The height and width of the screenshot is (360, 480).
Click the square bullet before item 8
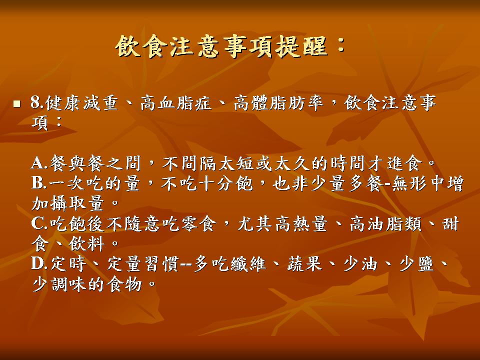pos(16,104)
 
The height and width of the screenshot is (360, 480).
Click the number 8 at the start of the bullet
pos(36,103)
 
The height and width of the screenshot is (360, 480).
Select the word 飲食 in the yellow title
pos(141,46)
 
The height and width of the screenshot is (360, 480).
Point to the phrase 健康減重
pos(81,103)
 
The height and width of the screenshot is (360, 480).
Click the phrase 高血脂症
pos(176,103)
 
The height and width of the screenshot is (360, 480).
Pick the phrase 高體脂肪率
pos(278,103)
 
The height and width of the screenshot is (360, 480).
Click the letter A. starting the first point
pos(39,163)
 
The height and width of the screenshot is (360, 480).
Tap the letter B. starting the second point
pos(39,183)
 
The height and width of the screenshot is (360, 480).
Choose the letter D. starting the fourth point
pos(40,263)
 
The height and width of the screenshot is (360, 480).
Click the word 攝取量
pos(76,203)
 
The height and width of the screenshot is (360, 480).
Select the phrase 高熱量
pos(301,223)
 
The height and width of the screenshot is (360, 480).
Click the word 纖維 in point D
pos(248,263)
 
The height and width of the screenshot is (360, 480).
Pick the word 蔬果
pos(304,263)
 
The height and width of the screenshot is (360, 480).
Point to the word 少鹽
pos(417,263)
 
